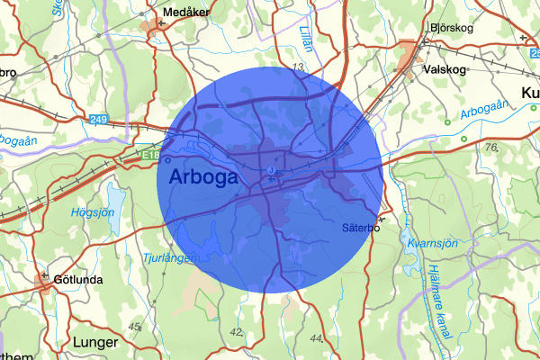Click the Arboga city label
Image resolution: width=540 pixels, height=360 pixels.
[203, 176]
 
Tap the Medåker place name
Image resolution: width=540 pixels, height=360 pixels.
[186, 13]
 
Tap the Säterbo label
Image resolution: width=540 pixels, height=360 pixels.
[362, 228]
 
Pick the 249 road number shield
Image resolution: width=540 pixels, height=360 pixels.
[98, 118]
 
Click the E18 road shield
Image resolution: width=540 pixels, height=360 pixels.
[147, 154]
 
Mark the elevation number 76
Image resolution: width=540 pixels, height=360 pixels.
[490, 148]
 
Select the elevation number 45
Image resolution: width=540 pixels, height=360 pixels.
[136, 326]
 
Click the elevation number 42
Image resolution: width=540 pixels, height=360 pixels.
[238, 332]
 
